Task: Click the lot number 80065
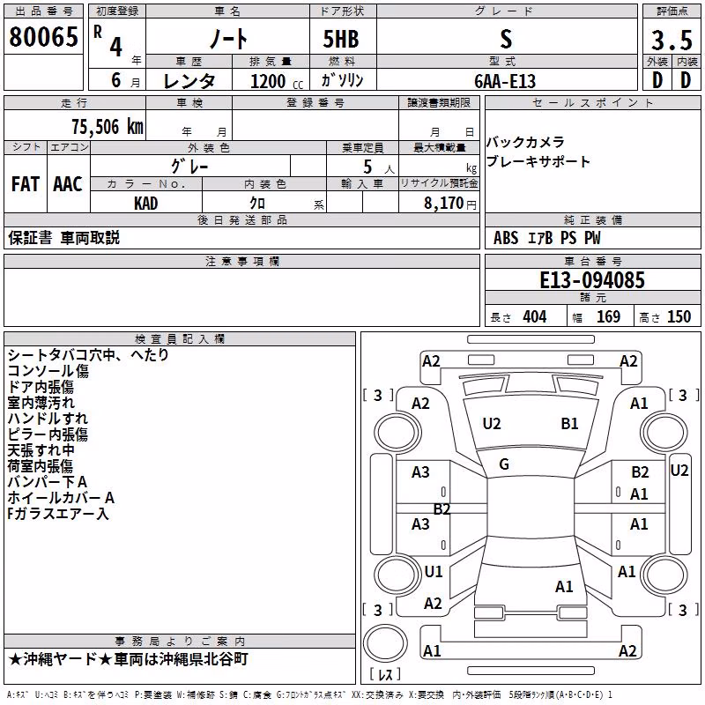[43, 37]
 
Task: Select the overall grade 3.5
[672, 40]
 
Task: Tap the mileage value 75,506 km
[108, 127]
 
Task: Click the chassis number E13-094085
[592, 280]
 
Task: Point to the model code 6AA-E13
[505, 81]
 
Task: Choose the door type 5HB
[341, 39]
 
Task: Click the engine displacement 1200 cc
[277, 81]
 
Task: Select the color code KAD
[146, 204]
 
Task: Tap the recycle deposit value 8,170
[443, 204]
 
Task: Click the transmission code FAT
[26, 184]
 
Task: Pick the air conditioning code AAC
[68, 184]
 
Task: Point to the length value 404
[535, 317]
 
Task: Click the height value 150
[679, 317]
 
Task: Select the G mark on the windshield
[504, 464]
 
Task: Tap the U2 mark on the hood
[492, 424]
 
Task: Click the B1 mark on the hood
[569, 424]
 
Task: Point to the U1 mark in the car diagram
[434, 571]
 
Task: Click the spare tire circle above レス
[385, 643]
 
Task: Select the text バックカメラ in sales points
[525, 142]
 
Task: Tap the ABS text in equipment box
[506, 238]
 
